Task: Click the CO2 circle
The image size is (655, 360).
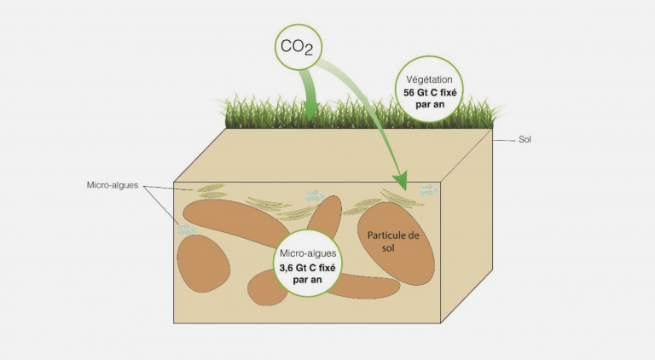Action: pyautogui.click(x=299, y=46)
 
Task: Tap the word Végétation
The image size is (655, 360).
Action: pyautogui.click(x=429, y=79)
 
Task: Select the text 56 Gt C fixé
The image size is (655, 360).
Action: pyautogui.click(x=430, y=93)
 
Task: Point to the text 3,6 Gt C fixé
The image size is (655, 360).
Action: pyautogui.click(x=307, y=268)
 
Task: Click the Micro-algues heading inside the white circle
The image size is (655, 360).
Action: pyautogui.click(x=308, y=253)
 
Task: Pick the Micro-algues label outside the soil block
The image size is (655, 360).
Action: pyautogui.click(x=113, y=185)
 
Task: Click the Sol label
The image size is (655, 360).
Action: pyautogui.click(x=525, y=140)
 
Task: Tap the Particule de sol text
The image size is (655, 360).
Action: pyautogui.click(x=393, y=241)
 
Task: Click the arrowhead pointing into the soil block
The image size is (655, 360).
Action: pyautogui.click(x=400, y=180)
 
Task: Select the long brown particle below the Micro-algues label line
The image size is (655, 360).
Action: pyautogui.click(x=236, y=222)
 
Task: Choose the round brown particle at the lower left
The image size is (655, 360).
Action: pyautogui.click(x=204, y=263)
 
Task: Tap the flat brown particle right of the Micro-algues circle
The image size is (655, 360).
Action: pyautogui.click(x=363, y=286)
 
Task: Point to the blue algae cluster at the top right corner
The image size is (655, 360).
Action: pyautogui.click(x=429, y=190)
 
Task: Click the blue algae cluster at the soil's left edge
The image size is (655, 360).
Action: pyautogui.click(x=186, y=230)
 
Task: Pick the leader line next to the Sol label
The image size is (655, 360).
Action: pyautogui.click(x=504, y=140)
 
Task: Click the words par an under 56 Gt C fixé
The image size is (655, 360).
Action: pyautogui.click(x=430, y=104)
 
